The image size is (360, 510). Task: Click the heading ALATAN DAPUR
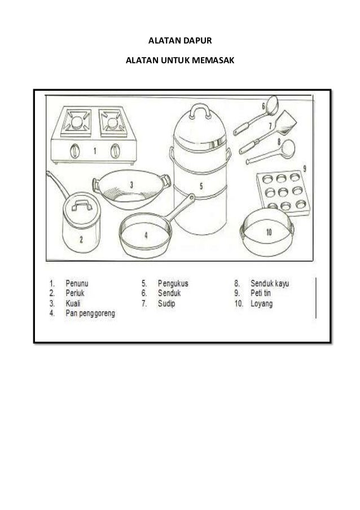(180, 41)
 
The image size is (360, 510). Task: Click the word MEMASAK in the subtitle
(215, 60)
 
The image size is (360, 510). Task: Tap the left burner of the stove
(76, 123)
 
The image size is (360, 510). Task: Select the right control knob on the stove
(115, 151)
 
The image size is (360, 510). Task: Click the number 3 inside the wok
(131, 185)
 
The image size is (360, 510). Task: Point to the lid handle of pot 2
(82, 205)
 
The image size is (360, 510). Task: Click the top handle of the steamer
(200, 110)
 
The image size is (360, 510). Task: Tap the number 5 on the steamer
(201, 186)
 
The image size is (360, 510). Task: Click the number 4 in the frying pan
(146, 235)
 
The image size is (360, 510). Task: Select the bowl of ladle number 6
(271, 104)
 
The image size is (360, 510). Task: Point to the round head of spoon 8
(288, 149)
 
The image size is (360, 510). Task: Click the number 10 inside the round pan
(269, 232)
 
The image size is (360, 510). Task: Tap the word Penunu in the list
(77, 284)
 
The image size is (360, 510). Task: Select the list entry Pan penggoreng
(90, 313)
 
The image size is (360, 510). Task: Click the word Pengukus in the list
(173, 284)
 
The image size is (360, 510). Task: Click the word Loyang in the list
(262, 304)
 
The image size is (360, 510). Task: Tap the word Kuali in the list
(73, 303)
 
